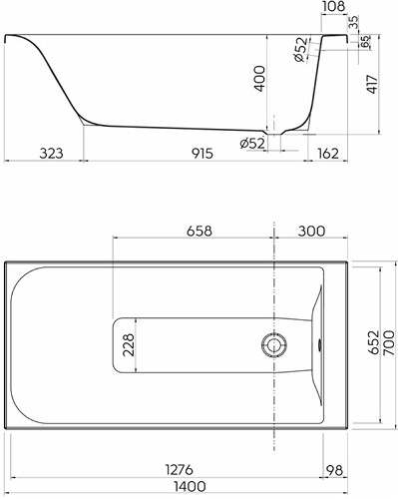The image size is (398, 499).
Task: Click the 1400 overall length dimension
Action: pyautogui.click(x=191, y=487)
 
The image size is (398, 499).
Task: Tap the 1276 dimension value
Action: pyautogui.click(x=180, y=470)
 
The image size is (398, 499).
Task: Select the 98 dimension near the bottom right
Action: pyautogui.click(x=334, y=470)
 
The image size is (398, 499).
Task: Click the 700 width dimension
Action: pyautogui.click(x=389, y=343)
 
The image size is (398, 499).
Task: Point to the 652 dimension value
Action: pyautogui.click(x=373, y=342)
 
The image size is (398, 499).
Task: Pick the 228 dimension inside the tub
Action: pyautogui.click(x=129, y=345)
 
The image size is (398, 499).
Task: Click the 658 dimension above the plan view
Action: pyautogui.click(x=199, y=231)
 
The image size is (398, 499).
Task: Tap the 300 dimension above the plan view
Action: pyautogui.click(x=311, y=231)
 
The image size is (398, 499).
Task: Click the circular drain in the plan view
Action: pyautogui.click(x=274, y=344)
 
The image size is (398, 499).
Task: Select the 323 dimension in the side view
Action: pyautogui.click(x=51, y=154)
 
